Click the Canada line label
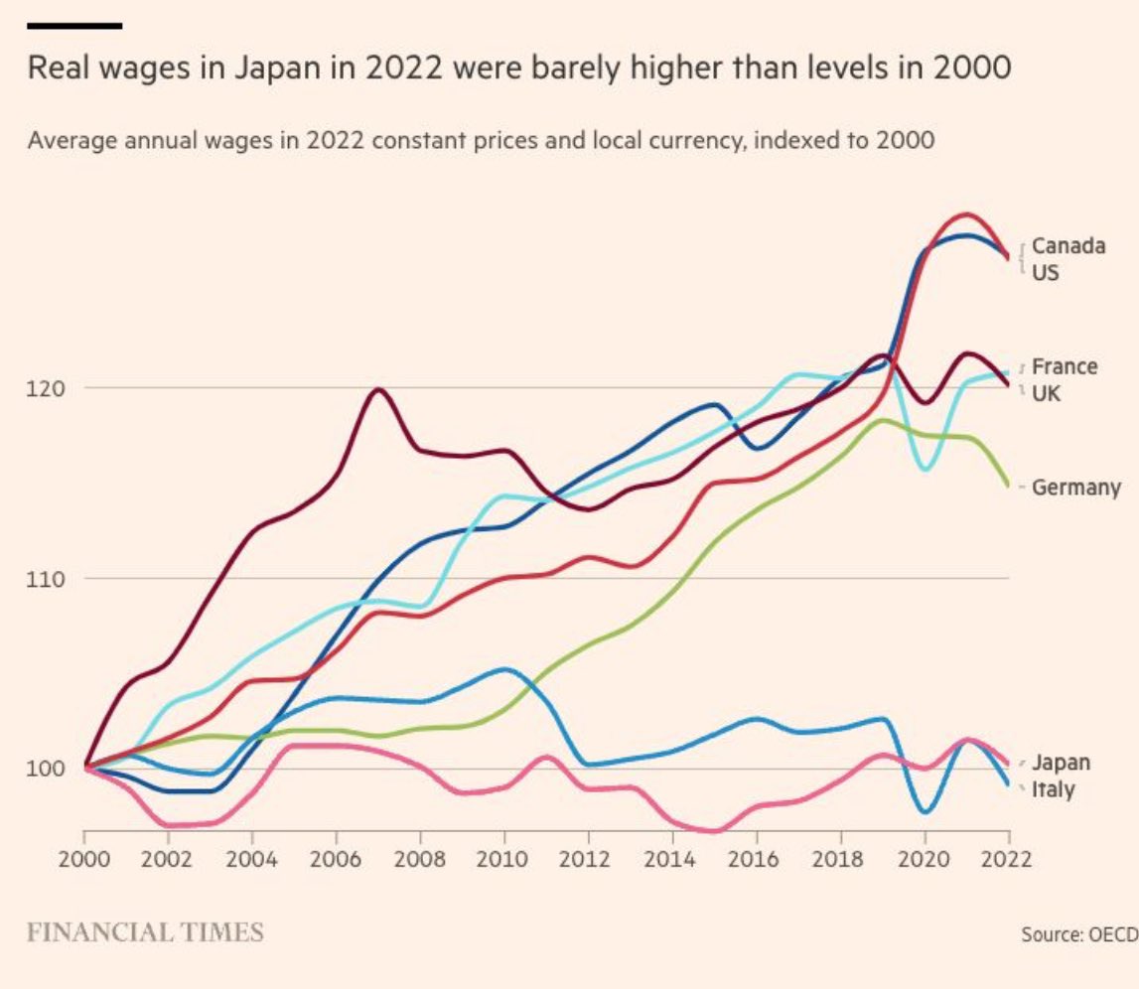click(x=1068, y=245)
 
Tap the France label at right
click(x=1065, y=366)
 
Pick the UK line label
click(x=1046, y=393)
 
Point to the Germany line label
click(x=1075, y=488)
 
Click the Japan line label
click(x=1061, y=763)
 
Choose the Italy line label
click(x=1053, y=790)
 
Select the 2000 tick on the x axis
click(x=83, y=859)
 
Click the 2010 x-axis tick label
click(x=506, y=859)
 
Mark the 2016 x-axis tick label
click(x=759, y=859)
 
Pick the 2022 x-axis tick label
click(x=1010, y=859)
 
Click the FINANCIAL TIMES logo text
click(x=145, y=932)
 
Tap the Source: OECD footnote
click(x=1077, y=934)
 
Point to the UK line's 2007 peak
click(x=378, y=389)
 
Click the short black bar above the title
click(x=74, y=25)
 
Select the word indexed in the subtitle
click(x=795, y=139)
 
